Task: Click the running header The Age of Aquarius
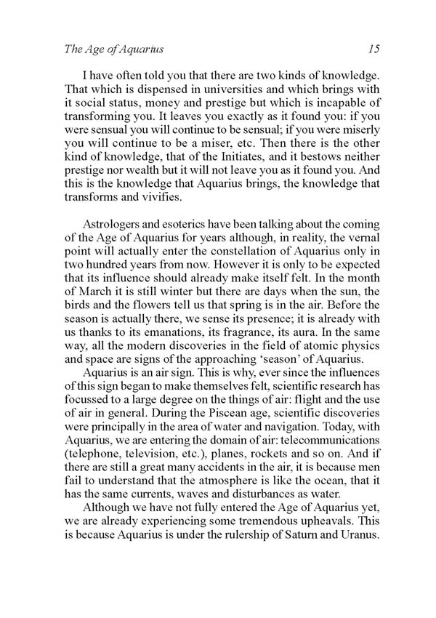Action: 105,49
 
